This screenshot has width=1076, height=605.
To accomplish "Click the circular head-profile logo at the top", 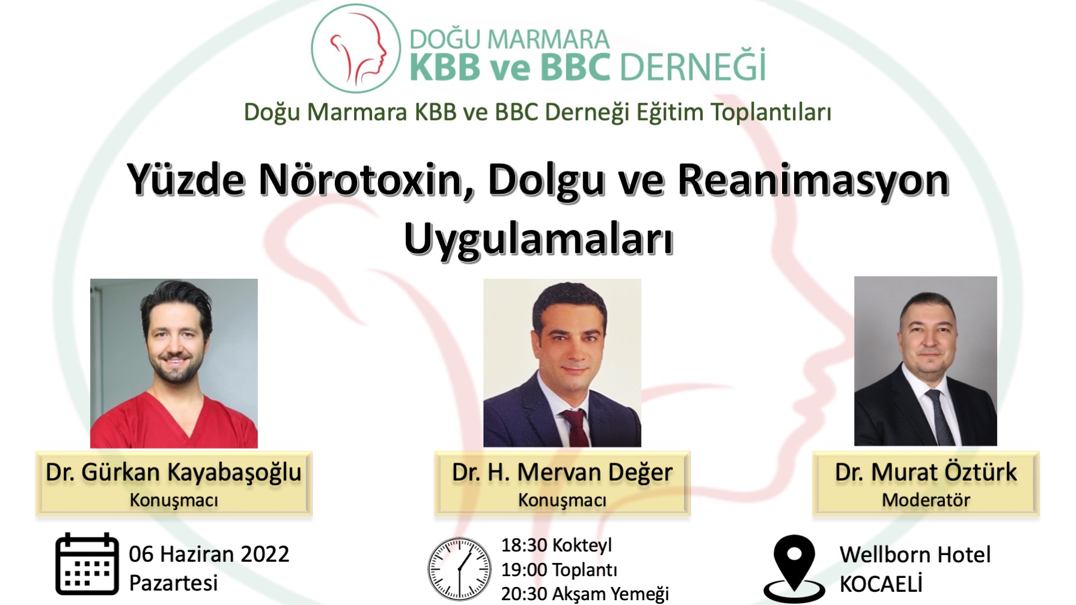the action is click(356, 48).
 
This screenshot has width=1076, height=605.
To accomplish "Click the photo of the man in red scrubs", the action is click(174, 363).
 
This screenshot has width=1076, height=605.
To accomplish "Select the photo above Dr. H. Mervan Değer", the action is click(562, 362).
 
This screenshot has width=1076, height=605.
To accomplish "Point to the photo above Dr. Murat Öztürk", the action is click(926, 360).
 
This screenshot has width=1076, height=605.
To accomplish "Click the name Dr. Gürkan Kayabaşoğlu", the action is click(174, 472).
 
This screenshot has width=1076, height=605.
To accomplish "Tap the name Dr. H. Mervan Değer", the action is click(562, 472).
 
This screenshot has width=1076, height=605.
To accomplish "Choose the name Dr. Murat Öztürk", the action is click(926, 472).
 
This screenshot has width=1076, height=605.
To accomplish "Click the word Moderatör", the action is click(926, 500).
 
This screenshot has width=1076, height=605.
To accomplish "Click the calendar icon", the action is click(87, 564).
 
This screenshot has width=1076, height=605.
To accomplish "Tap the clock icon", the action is click(459, 568).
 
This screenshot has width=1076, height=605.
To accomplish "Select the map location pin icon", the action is click(794, 568).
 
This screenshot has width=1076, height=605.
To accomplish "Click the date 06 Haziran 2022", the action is click(209, 554).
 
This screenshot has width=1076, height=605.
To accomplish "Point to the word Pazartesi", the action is click(174, 583).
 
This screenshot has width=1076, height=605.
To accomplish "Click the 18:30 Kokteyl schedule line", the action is click(557, 545).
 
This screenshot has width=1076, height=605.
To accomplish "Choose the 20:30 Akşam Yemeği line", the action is click(585, 594).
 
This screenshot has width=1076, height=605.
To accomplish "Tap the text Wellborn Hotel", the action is click(915, 555).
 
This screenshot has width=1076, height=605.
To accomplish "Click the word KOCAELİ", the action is click(881, 584).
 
